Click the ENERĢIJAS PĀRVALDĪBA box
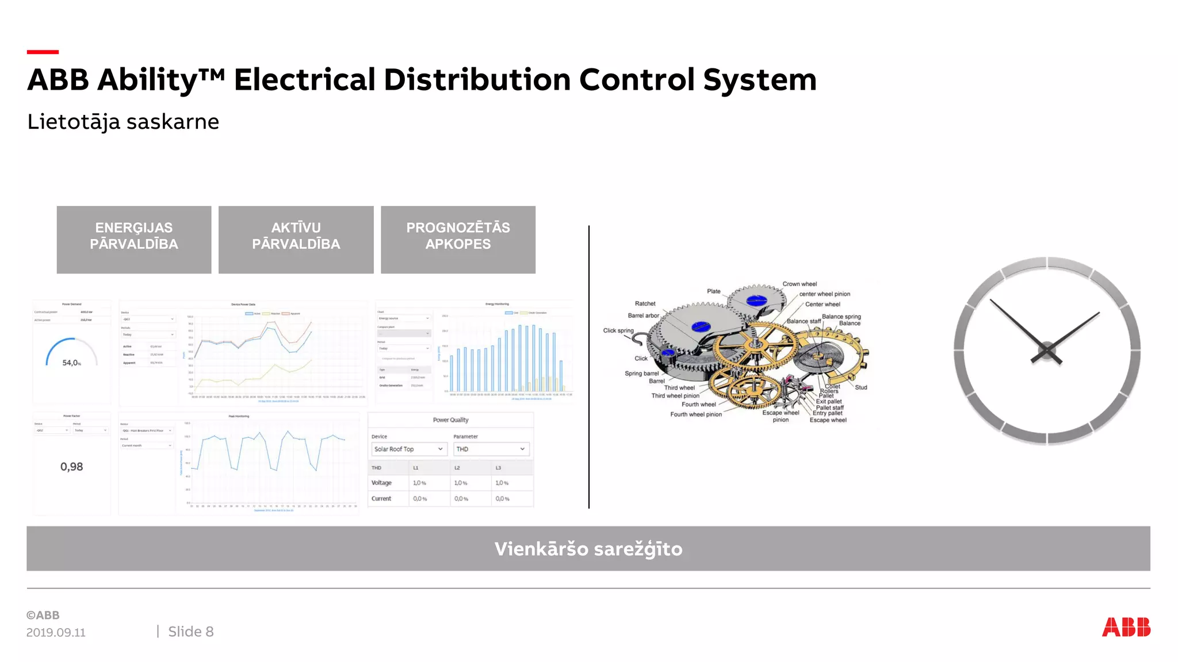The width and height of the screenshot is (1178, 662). (x=134, y=240)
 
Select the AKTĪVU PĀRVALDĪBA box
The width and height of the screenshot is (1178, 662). (x=296, y=240)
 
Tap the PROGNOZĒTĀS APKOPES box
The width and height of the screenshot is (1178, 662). (x=458, y=240)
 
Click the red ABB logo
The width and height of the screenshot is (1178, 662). (x=1126, y=627)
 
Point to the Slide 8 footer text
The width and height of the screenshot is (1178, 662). (x=190, y=632)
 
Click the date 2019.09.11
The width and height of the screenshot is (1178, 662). (x=56, y=632)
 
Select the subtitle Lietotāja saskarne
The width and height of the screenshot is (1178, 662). (x=123, y=122)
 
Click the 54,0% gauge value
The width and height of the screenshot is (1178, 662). (x=71, y=363)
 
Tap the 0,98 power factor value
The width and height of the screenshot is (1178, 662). (x=71, y=467)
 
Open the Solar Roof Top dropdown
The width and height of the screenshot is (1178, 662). (x=408, y=449)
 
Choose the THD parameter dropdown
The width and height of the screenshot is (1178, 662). (x=491, y=449)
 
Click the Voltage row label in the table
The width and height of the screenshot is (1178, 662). (x=381, y=483)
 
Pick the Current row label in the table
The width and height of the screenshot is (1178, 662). (x=381, y=499)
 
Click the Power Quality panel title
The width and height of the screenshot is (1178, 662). (x=450, y=420)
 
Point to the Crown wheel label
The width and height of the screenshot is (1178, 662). (x=800, y=284)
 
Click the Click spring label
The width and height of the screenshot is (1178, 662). (x=618, y=330)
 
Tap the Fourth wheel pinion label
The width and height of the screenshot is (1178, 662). (x=695, y=414)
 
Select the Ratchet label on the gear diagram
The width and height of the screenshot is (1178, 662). (x=645, y=303)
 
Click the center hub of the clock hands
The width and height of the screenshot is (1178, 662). (x=1047, y=350)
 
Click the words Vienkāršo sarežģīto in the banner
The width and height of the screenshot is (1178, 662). (x=588, y=549)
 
